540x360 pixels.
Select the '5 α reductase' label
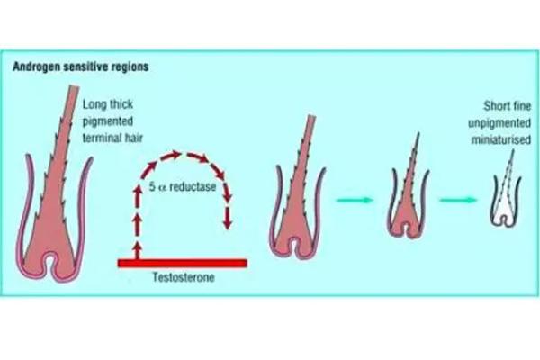184,186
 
